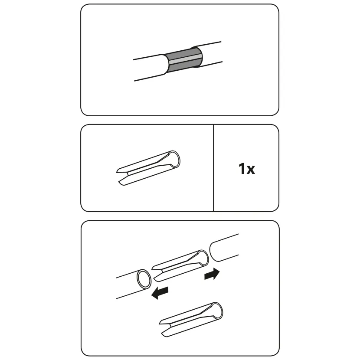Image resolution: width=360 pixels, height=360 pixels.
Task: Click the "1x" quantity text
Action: coord(247,169)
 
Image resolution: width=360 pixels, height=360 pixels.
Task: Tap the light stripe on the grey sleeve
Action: coord(185,59)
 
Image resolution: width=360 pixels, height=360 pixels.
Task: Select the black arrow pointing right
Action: coord(212,274)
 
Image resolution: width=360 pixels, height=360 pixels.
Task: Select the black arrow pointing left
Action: coord(160,293)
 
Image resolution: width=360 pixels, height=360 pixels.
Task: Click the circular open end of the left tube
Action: coord(144,279)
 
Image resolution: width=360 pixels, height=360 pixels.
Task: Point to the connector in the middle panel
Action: coord(148,168)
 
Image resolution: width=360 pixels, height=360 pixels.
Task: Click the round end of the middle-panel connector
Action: coord(174,159)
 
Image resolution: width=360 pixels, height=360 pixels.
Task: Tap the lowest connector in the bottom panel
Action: coord(191,320)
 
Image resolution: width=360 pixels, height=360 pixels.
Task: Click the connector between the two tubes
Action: coord(180,266)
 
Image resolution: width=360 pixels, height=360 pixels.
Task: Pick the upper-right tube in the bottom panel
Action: coord(224,248)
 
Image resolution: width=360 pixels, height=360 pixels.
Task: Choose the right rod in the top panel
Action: coord(209,54)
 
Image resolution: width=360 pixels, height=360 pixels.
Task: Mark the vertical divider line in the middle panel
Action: coord(213,168)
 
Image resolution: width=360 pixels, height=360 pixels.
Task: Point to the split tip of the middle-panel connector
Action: coord(122,177)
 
